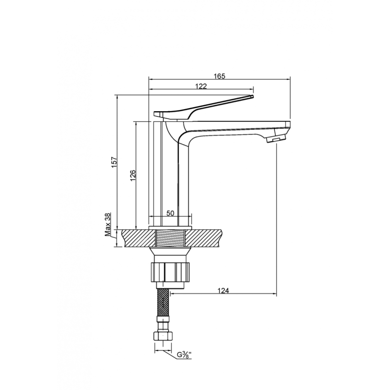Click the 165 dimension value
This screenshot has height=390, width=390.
(220, 76)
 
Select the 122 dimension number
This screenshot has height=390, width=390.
(201, 86)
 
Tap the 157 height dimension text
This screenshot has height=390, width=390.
(114, 162)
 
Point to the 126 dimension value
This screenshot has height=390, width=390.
(133, 175)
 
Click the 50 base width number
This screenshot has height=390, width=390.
(170, 213)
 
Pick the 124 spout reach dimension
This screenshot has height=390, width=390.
(223, 291)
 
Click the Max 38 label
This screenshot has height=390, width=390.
(107, 225)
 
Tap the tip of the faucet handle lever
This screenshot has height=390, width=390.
(253, 96)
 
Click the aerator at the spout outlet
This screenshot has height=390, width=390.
(276, 139)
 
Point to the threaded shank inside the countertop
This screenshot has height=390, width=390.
(170, 238)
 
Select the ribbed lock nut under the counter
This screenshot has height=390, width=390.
(170, 272)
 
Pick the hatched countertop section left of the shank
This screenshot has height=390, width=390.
(138, 238)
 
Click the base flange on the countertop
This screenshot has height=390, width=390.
(170, 228)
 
